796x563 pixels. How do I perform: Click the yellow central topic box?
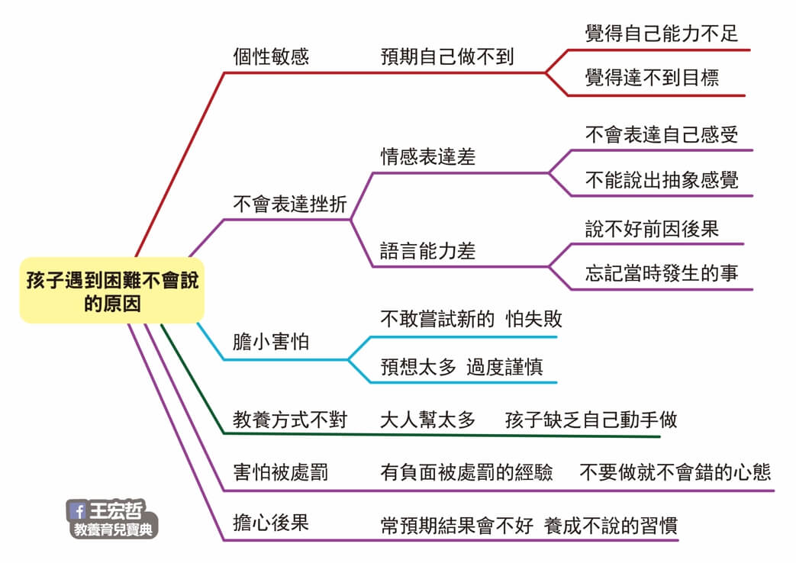[x=111, y=291]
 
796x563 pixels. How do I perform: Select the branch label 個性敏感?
[x=271, y=57]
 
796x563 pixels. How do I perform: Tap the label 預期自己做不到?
[x=447, y=57]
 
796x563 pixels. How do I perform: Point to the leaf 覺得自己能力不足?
[x=662, y=34]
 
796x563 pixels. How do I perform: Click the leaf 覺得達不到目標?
[x=652, y=78]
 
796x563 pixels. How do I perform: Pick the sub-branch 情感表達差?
[x=427, y=157]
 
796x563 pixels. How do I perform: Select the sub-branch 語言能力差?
[x=427, y=251]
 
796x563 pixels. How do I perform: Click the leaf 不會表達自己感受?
[x=662, y=135]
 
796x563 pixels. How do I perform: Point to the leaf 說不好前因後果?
[x=652, y=229]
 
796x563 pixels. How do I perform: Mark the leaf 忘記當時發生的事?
[x=662, y=273]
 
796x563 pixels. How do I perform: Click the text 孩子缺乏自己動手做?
[x=591, y=420]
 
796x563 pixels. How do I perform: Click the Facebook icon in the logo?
[x=78, y=511]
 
